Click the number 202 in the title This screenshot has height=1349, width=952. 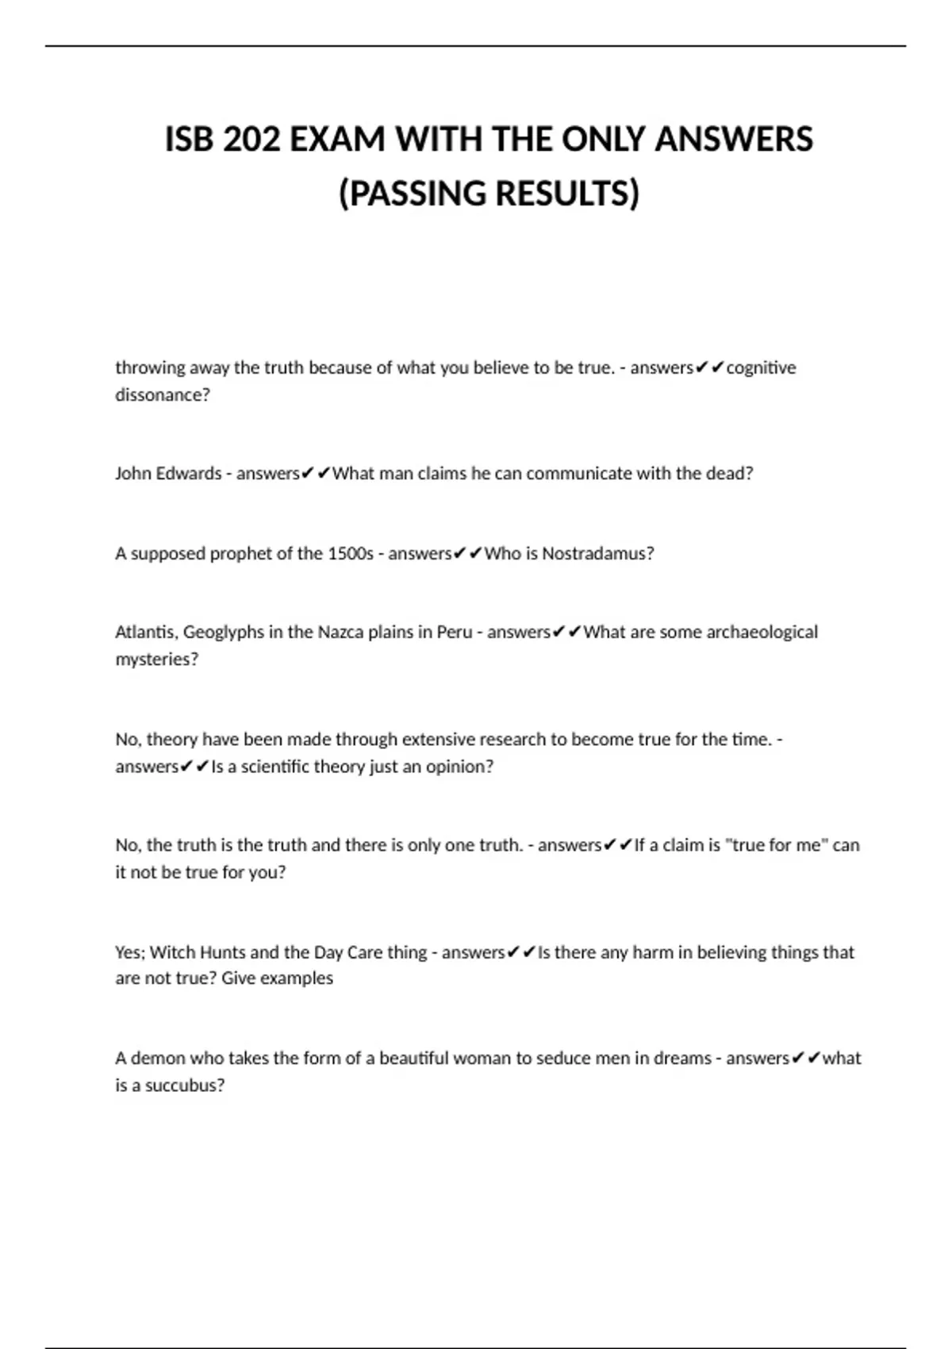(251, 140)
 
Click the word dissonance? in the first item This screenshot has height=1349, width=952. (163, 394)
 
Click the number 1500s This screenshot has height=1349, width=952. (350, 553)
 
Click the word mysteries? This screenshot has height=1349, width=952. (157, 659)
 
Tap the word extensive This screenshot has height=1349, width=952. (440, 740)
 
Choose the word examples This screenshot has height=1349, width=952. (297, 978)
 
